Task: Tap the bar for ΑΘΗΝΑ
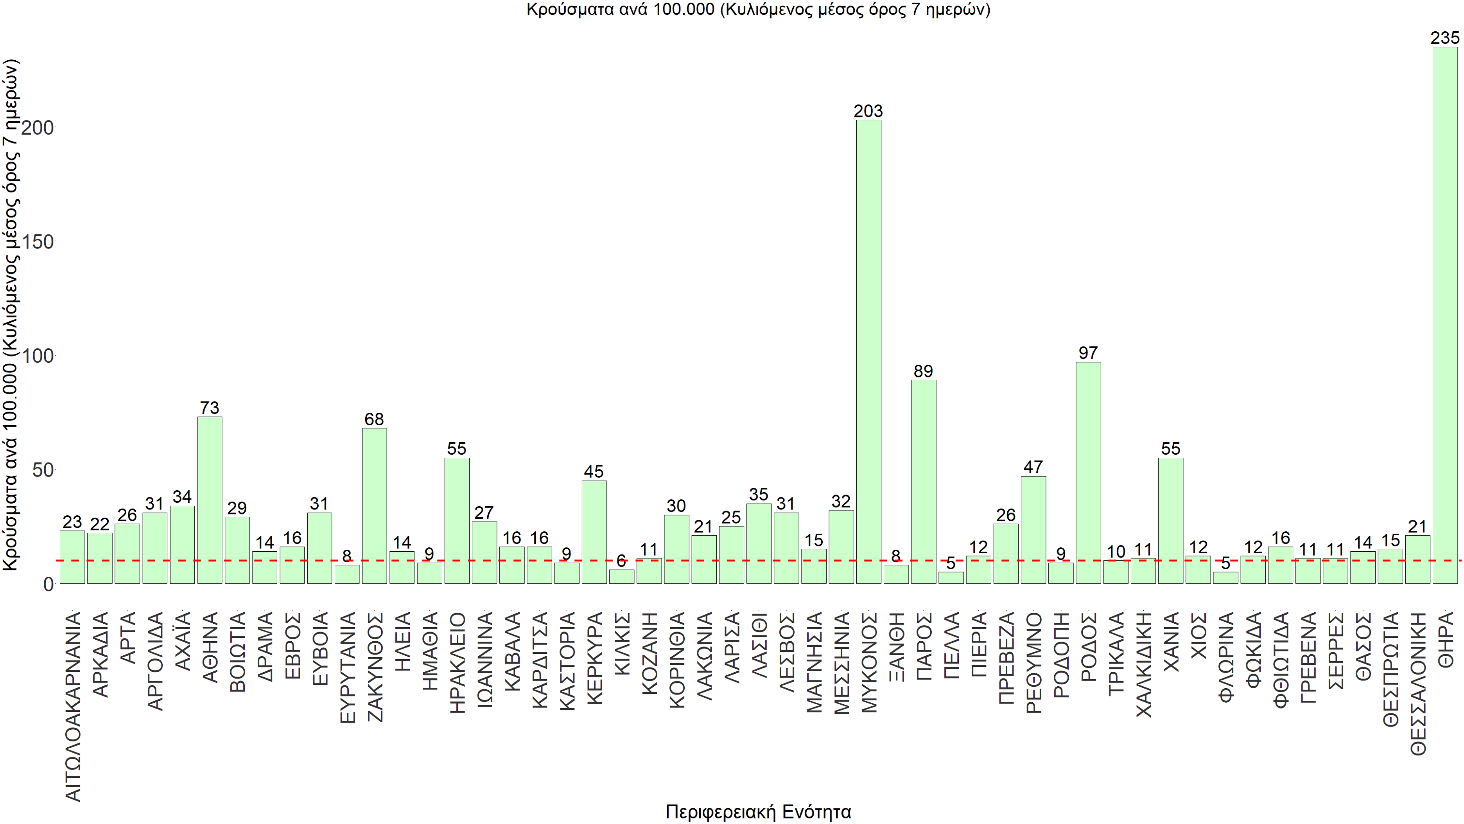(x=210, y=500)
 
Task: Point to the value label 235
(x=1445, y=38)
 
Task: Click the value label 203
(x=868, y=111)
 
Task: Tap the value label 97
(x=1088, y=353)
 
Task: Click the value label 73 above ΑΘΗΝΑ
(x=210, y=408)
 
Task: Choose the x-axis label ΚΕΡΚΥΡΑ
(x=594, y=658)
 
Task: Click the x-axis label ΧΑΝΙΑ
(x=1171, y=641)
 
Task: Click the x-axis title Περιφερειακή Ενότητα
(x=758, y=811)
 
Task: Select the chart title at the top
(x=758, y=10)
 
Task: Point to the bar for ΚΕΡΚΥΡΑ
(x=594, y=532)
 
